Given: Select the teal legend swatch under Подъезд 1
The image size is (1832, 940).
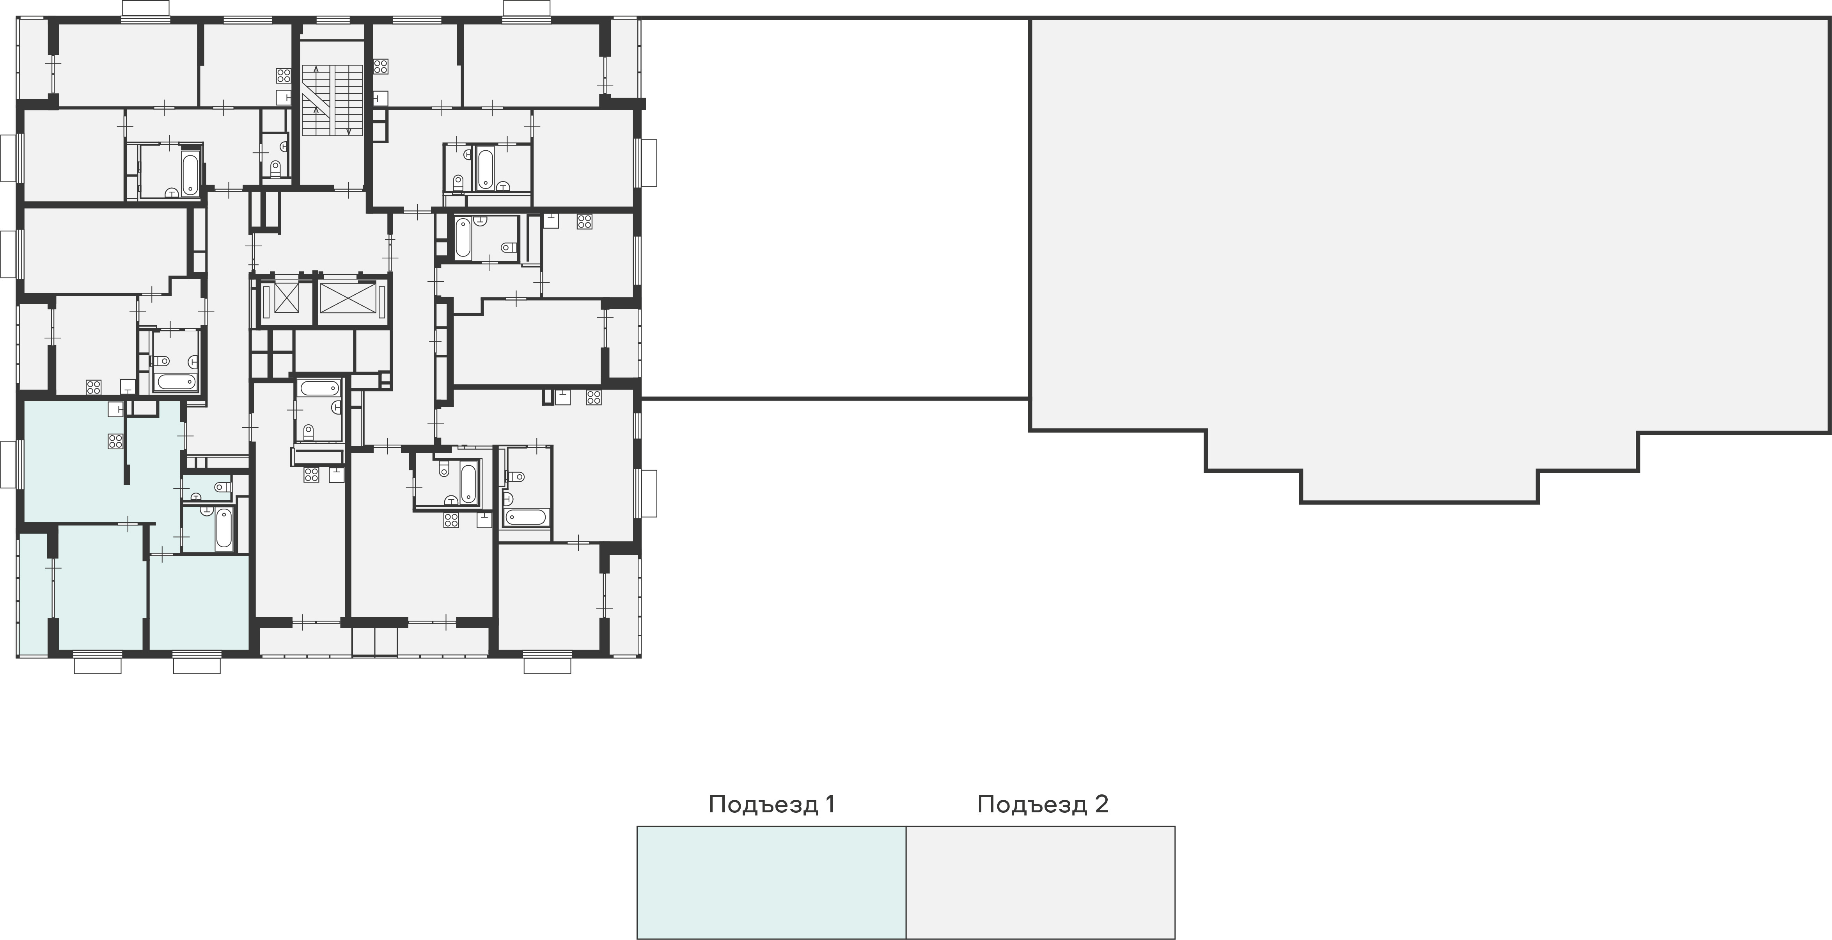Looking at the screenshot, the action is [x=771, y=882].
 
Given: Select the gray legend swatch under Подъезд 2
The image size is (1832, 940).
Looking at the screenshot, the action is [x=1041, y=882].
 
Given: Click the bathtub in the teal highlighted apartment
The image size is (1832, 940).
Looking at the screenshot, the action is [x=224, y=528].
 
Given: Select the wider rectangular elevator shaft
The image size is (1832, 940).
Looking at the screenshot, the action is [x=348, y=297].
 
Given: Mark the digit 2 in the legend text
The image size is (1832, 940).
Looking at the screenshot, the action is [x=1101, y=804].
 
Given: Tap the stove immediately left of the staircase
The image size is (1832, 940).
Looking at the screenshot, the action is [x=284, y=76].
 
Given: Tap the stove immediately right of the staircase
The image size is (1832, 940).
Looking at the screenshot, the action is [x=381, y=67].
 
